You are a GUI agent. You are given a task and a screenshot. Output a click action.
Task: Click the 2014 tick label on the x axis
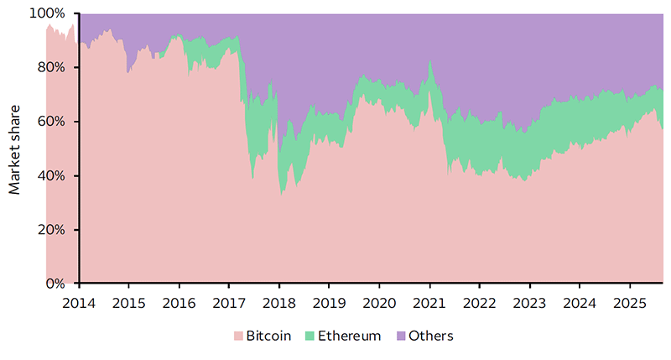[78, 301]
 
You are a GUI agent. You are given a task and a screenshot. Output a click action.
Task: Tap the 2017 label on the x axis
[228, 301]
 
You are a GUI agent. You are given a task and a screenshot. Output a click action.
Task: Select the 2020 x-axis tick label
[378, 301]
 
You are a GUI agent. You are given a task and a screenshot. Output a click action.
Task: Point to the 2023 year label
[529, 301]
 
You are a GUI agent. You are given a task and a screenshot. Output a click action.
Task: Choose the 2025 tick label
[629, 301]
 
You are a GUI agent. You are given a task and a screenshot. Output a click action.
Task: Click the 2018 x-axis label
[278, 301]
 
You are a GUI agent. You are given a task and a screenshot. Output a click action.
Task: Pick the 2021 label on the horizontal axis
[429, 301]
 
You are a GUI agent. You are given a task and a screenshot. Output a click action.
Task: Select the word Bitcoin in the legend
[269, 337]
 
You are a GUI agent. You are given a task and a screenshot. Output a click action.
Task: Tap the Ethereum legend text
[352, 337]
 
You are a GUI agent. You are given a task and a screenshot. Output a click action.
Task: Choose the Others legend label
[430, 337]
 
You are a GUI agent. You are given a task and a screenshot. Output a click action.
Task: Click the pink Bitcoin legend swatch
[239, 337]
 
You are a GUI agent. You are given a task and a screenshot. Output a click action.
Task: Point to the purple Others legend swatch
[399, 337]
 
